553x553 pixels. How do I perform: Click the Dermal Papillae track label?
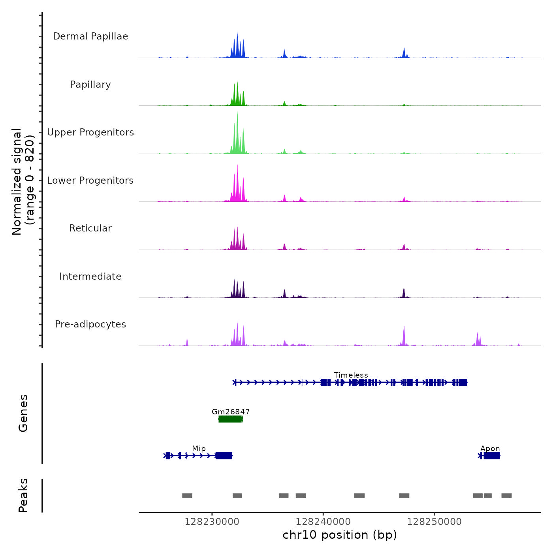pyautogui.click(x=90, y=36)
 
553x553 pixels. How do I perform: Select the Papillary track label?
pyautogui.click(x=90, y=85)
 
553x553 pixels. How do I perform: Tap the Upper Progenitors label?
pyautogui.click(x=90, y=132)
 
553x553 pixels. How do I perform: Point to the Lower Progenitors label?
pyautogui.click(x=90, y=181)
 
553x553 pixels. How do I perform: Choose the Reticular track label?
pyautogui.click(x=90, y=228)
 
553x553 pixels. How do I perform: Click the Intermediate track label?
pyautogui.click(x=90, y=276)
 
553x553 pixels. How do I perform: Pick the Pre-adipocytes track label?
pyautogui.click(x=90, y=324)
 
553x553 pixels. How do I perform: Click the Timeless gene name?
pyautogui.click(x=351, y=375)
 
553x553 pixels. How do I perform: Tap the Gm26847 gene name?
pyautogui.click(x=231, y=412)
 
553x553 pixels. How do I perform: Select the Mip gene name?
pyautogui.click(x=199, y=448)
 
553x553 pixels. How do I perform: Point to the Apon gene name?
pyautogui.click(x=490, y=448)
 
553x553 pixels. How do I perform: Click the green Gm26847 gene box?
pyautogui.click(x=230, y=419)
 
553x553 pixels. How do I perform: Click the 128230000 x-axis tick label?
pyautogui.click(x=212, y=522)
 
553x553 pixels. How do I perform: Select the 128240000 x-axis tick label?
pyautogui.click(x=323, y=522)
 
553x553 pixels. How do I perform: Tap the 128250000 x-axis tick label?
pyautogui.click(x=434, y=522)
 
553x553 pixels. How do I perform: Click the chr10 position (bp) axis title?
pyautogui.click(x=340, y=535)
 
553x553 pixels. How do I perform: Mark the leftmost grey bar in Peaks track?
pyautogui.click(x=187, y=496)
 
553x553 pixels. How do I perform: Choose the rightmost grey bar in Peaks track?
pyautogui.click(x=506, y=496)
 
